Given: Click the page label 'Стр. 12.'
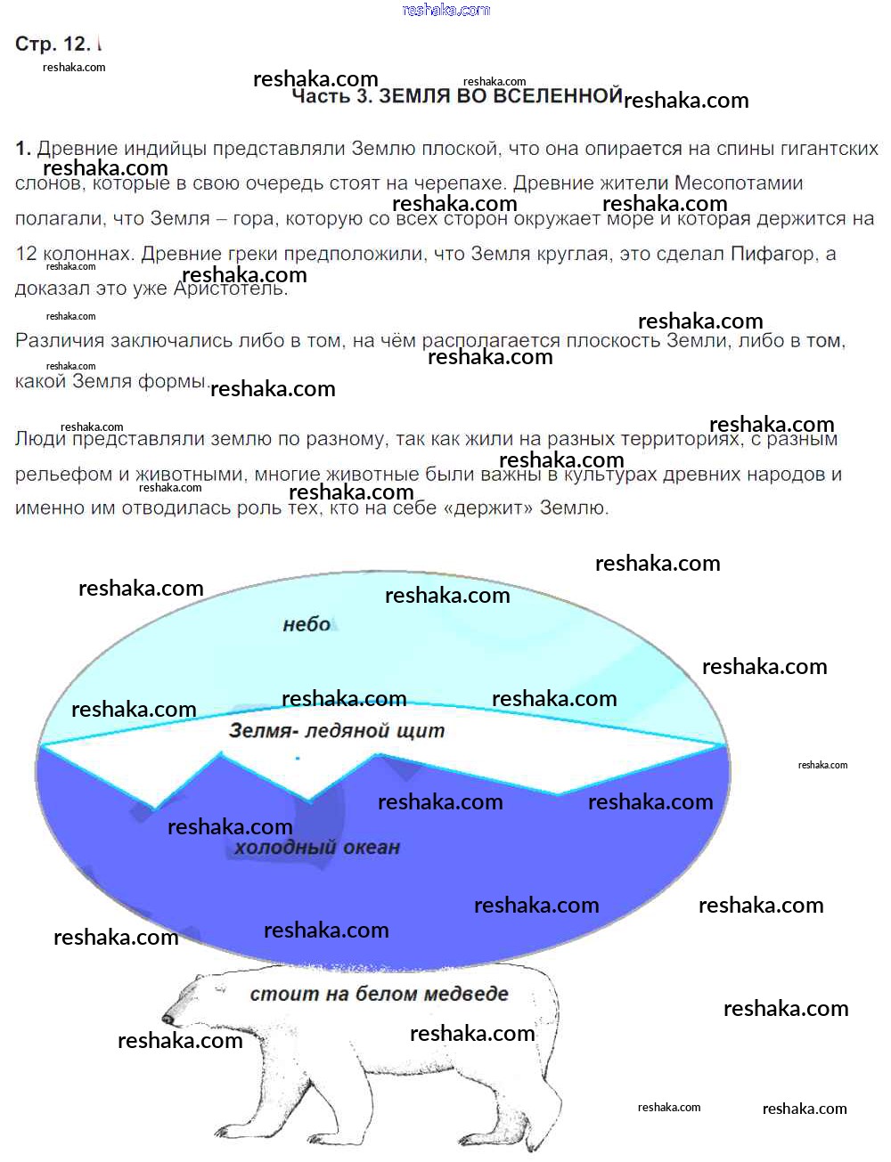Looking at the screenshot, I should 53,44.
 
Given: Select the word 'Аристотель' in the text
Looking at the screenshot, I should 231,288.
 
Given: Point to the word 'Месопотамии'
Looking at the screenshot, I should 739,183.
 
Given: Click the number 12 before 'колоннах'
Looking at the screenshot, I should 26,254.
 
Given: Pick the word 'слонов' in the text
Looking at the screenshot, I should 49,183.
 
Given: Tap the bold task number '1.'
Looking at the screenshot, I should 23,149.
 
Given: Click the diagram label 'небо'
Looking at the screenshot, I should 307,625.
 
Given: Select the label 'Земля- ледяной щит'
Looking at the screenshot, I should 336,731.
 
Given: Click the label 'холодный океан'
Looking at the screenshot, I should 316,848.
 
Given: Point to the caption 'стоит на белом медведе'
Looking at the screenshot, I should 379,994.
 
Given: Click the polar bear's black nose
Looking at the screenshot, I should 167,1019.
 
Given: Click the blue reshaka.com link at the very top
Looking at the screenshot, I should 445,10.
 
